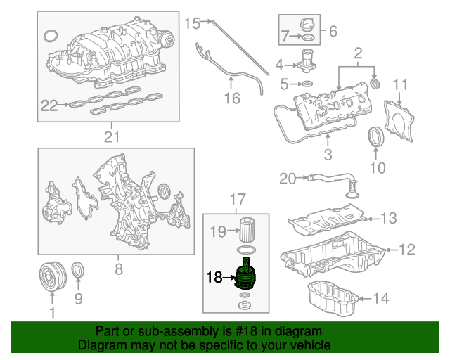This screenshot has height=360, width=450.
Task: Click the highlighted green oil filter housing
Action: tap(245, 275)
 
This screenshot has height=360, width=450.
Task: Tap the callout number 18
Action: tap(214, 277)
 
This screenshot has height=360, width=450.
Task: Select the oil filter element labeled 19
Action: tap(247, 230)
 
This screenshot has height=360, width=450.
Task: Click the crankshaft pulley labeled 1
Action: tap(53, 276)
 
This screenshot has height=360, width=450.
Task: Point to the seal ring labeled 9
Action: tap(77, 270)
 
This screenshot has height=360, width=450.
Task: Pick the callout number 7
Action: tap(285, 37)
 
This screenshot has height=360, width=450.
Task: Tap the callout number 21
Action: tap(111, 137)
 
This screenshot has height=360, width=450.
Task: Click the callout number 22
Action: tap(49, 105)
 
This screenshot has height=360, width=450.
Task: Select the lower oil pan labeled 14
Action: tap(333, 298)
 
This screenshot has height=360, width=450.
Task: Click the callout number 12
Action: tap(407, 250)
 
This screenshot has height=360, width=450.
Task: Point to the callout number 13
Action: tap(389, 218)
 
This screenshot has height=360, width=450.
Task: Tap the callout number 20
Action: tap(288, 179)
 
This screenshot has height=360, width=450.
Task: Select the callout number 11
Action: tap(400, 84)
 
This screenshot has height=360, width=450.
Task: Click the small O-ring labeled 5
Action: tap(307, 84)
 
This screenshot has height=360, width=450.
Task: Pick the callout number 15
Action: tap(192, 23)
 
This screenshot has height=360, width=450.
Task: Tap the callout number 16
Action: tap(232, 98)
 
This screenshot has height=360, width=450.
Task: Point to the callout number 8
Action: tap(119, 269)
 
